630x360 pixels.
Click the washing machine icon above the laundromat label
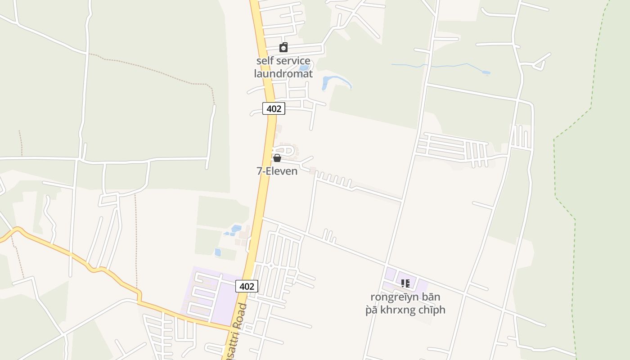pyautogui.click(x=283, y=47)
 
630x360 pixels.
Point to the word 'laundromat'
pyautogui.click(x=283, y=73)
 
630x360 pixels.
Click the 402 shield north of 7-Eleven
pyautogui.click(x=274, y=108)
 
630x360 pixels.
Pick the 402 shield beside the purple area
pyautogui.click(x=247, y=286)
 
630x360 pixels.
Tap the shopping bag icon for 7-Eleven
pyautogui.click(x=277, y=158)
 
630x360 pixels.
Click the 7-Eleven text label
pyautogui.click(x=277, y=171)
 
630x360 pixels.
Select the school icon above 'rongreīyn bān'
pyautogui.click(x=405, y=283)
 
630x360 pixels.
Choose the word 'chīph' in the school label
pyautogui.click(x=432, y=310)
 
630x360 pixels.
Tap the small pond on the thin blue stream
pyautogui.click(x=486, y=72)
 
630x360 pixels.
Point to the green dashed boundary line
pyautogui.click(x=554, y=171)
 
